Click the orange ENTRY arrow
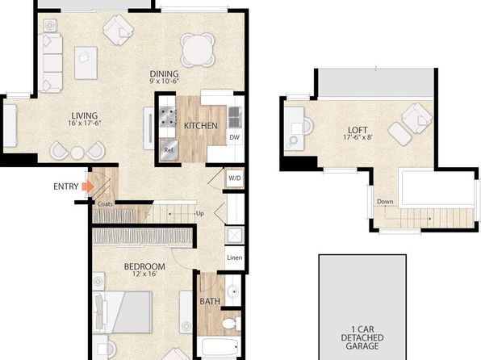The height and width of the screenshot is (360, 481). coord(88,186)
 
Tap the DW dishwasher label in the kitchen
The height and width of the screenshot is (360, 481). coord(234,137)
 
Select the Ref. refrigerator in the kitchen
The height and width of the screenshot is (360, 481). coord(169,150)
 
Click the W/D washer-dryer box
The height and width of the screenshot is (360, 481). coord(235,178)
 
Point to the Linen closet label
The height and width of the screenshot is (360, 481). coord(235,257)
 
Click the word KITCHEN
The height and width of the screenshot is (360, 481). coord(201,126)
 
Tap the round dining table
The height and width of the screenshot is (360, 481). coord(198,50)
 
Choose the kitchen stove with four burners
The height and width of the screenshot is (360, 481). coord(167,117)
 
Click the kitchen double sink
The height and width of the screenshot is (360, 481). coord(235,117)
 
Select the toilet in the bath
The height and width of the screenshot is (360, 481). coord(231,323)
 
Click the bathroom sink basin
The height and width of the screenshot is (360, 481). coord(232,290)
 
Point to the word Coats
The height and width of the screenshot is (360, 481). coord(105,204)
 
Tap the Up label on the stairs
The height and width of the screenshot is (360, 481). coord(199,213)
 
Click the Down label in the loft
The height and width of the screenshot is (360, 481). coord(385,201)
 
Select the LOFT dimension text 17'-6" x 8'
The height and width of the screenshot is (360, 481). coord(358,137)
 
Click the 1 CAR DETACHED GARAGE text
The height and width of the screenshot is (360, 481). coord(362,337)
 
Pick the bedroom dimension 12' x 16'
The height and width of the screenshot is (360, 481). coord(144,274)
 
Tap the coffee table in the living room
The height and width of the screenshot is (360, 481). coord(86,63)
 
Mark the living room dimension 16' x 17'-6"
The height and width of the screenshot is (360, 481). coord(85,123)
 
